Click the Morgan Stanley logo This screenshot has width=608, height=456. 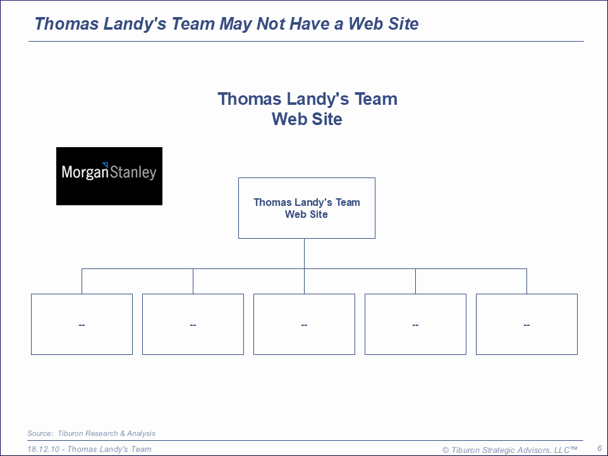109,176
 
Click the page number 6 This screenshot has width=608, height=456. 600,448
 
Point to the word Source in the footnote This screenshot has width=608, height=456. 40,433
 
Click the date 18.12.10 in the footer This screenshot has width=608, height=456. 43,450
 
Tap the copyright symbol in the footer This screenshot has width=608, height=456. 446,450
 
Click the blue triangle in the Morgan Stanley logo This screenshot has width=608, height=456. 105,165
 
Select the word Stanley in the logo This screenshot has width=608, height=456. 133,172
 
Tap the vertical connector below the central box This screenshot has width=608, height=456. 305,253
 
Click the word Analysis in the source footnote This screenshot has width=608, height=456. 141,433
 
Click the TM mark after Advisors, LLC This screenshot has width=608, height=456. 573,448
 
